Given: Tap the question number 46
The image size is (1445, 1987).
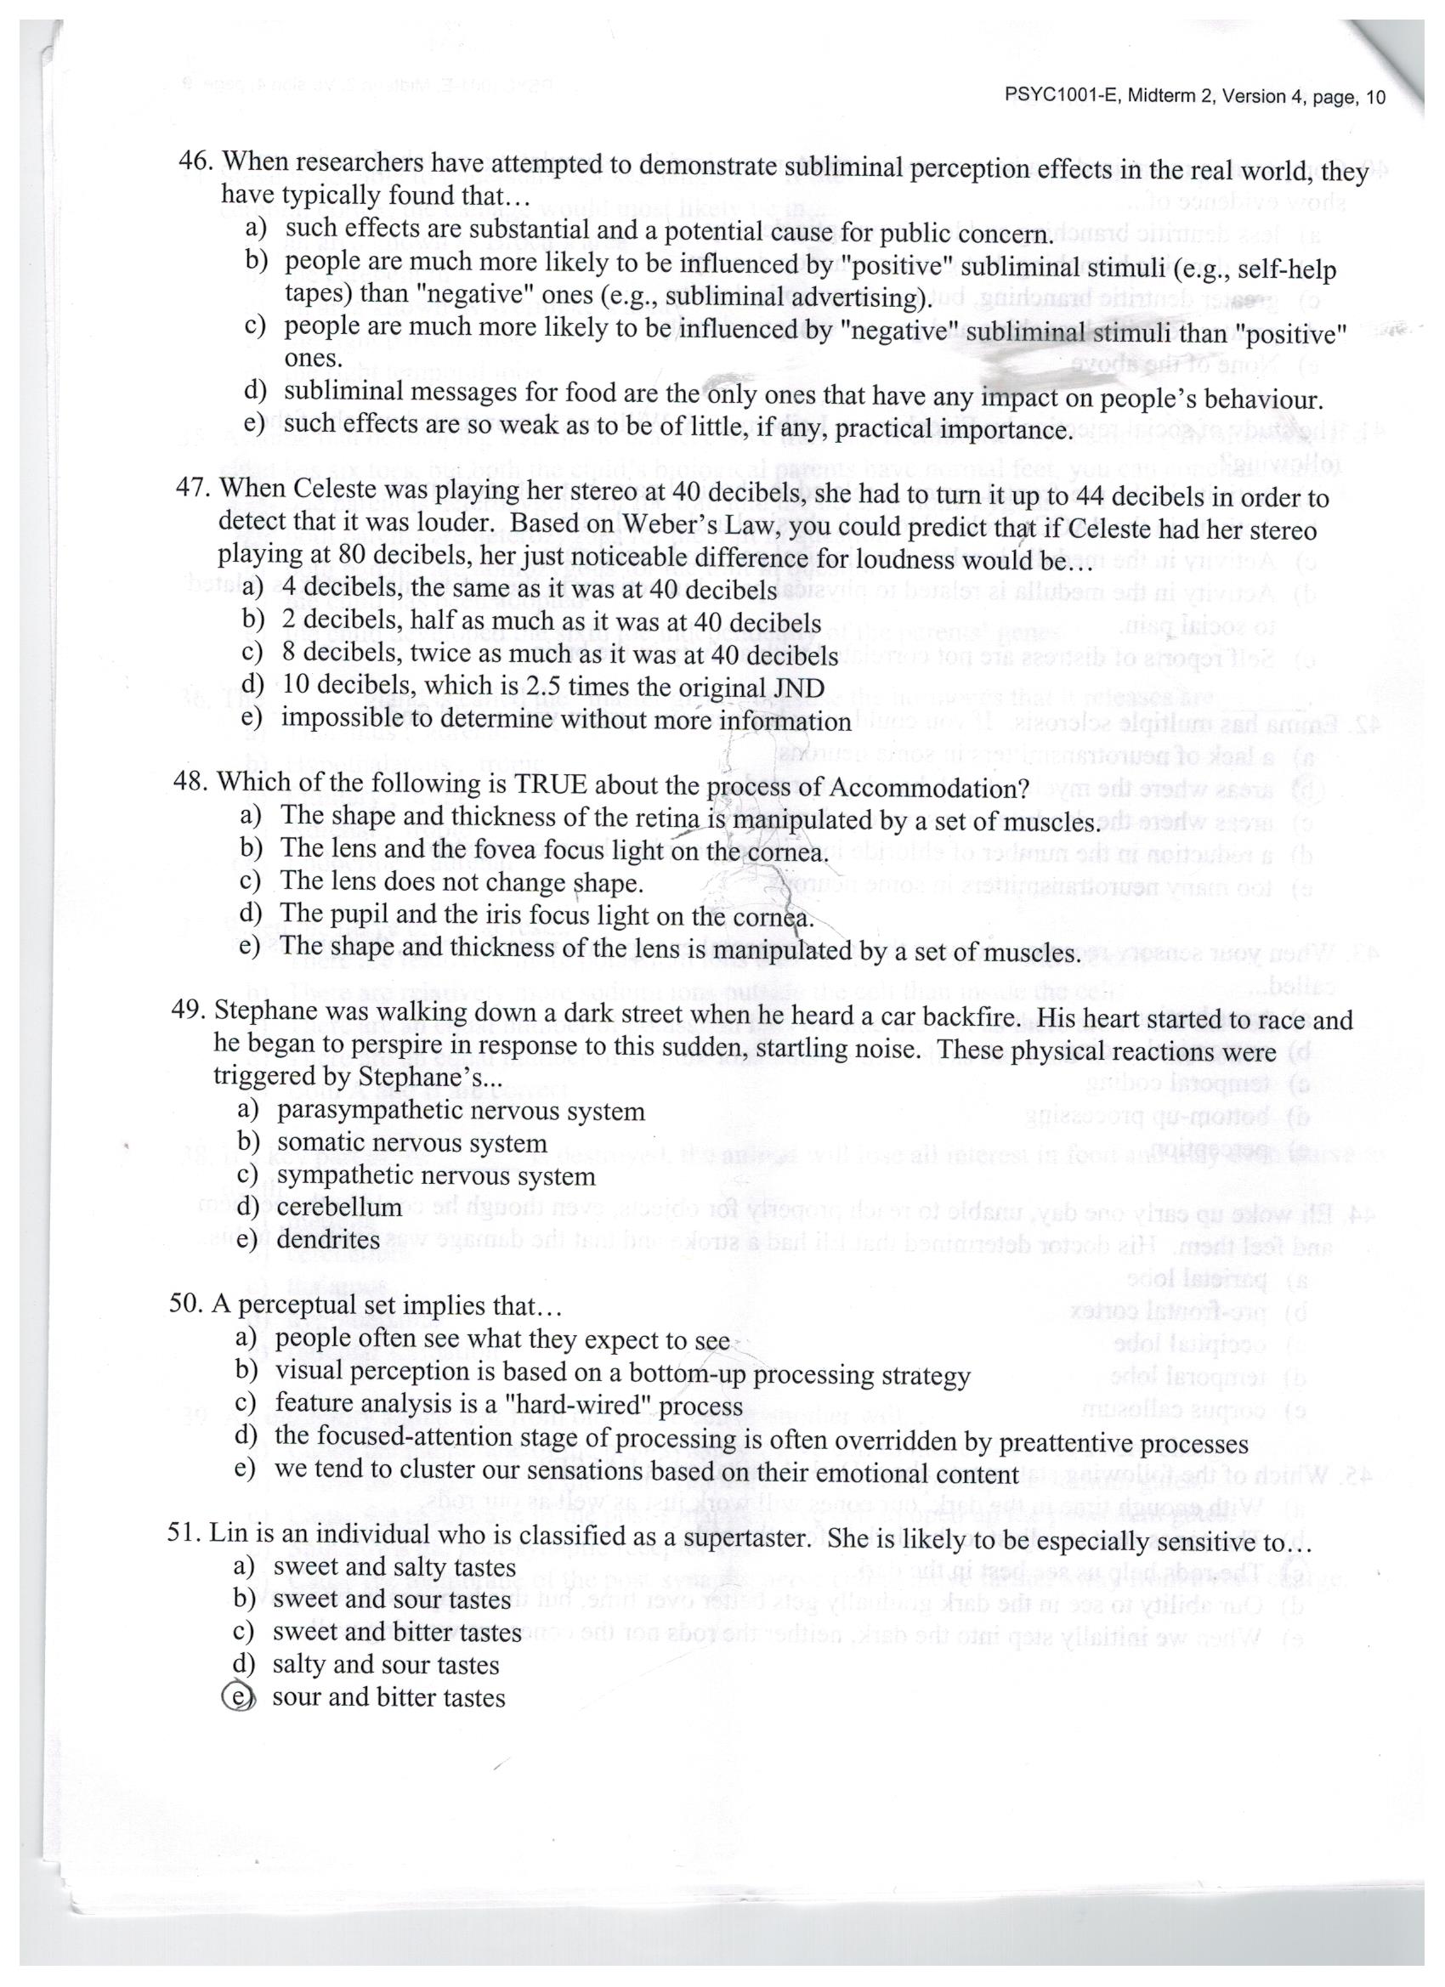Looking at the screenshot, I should click(x=195, y=162).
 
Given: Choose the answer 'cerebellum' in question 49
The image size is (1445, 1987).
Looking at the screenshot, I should click(x=339, y=1208).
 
